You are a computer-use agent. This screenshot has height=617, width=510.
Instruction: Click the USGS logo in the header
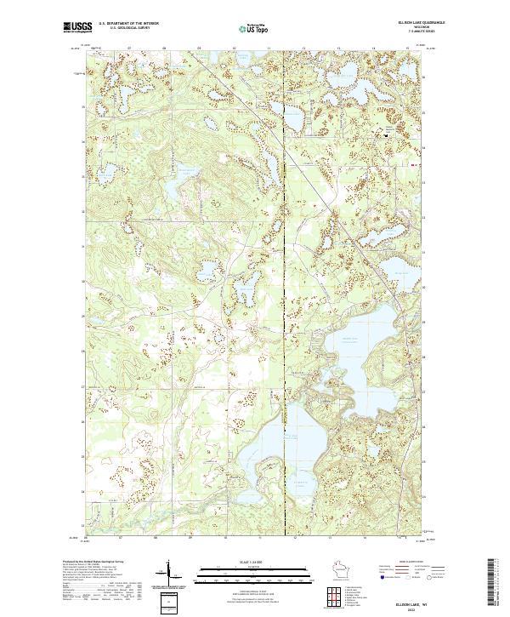click(77, 27)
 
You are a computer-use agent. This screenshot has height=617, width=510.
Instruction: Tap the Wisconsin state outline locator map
click(335, 568)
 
